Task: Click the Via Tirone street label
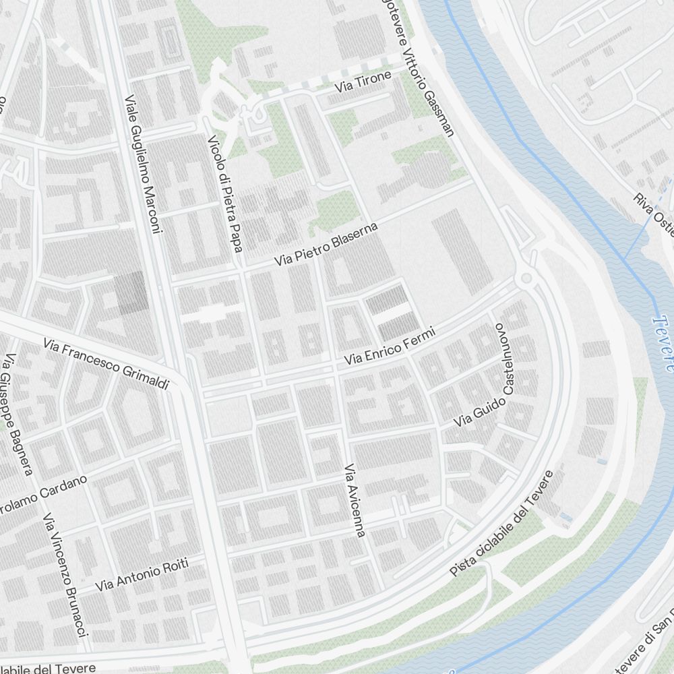pyautogui.click(x=363, y=84)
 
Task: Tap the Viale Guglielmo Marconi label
pyautogui.click(x=144, y=164)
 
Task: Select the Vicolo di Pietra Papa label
pyautogui.click(x=224, y=193)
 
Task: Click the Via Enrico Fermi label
pyautogui.click(x=390, y=347)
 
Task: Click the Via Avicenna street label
pyautogui.click(x=355, y=500)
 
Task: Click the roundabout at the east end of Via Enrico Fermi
pyautogui.click(x=526, y=278)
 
